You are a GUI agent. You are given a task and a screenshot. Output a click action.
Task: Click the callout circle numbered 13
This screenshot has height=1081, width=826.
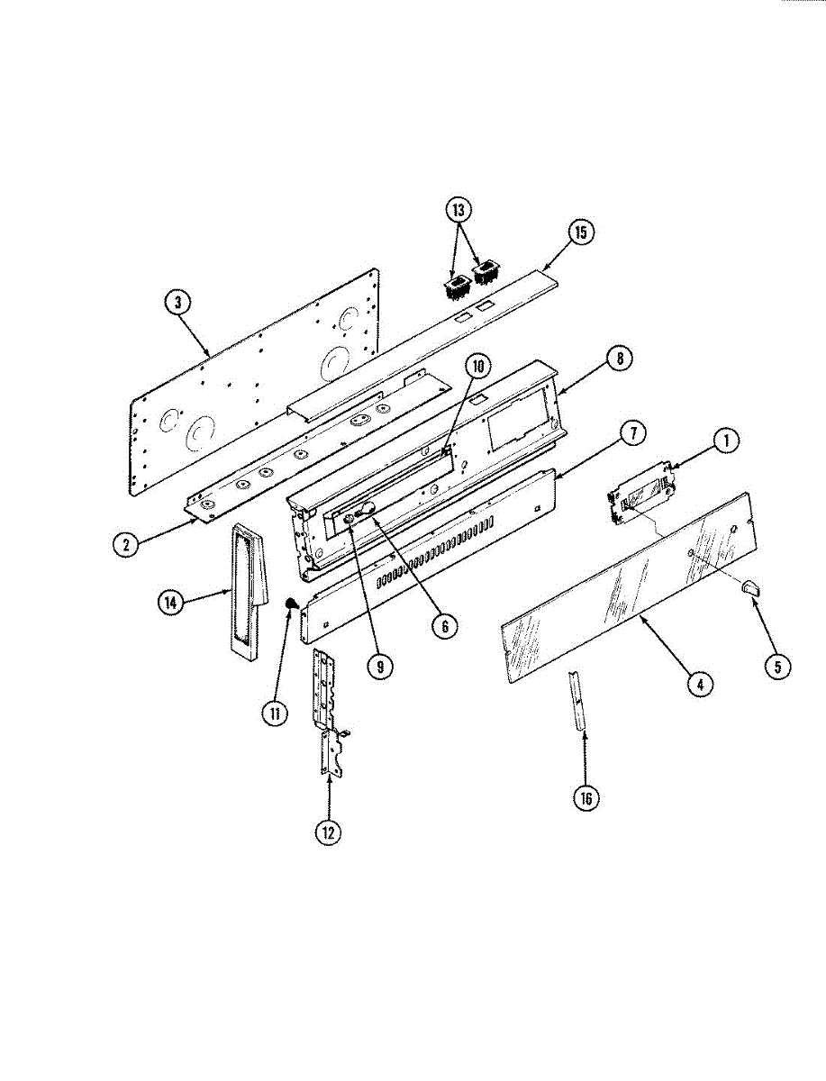(458, 210)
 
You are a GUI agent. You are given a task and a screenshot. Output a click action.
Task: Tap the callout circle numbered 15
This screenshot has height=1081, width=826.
(581, 232)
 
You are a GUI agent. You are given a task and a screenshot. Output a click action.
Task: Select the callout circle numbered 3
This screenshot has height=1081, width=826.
(177, 303)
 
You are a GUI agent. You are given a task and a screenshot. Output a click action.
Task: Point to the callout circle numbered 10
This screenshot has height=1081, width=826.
(478, 366)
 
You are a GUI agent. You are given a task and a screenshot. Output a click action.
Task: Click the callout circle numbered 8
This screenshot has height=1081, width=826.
(620, 359)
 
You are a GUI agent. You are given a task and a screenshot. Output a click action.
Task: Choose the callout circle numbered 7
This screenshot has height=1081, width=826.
(633, 433)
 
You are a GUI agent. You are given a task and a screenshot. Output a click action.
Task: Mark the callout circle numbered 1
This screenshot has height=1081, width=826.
(726, 441)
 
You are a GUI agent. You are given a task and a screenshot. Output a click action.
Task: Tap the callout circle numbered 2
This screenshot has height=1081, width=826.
(126, 545)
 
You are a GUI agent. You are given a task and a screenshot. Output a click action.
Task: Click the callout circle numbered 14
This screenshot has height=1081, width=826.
(171, 603)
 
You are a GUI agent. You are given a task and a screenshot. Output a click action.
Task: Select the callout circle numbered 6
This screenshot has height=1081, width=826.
(445, 626)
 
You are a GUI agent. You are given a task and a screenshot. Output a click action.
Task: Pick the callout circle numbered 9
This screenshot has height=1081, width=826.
(380, 667)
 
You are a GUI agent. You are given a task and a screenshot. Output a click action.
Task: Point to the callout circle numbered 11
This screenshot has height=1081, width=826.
(275, 713)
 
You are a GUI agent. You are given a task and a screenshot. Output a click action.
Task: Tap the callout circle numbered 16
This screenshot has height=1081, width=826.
(585, 798)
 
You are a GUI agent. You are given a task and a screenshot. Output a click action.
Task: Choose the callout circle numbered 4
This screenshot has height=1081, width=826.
(700, 684)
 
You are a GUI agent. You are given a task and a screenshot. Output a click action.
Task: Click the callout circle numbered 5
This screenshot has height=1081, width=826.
(777, 667)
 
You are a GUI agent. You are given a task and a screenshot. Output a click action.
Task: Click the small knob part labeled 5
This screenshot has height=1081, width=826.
(751, 587)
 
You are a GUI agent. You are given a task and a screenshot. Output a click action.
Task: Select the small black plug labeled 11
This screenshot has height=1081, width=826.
(292, 603)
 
